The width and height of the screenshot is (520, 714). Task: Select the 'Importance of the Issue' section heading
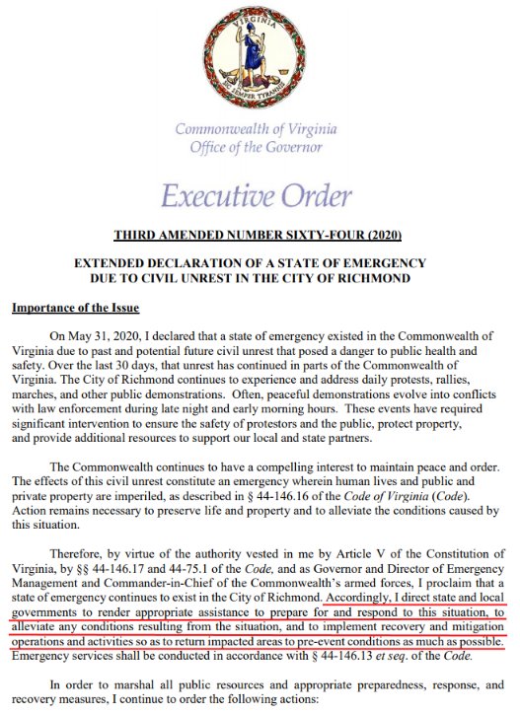pyautogui.click(x=75, y=308)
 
